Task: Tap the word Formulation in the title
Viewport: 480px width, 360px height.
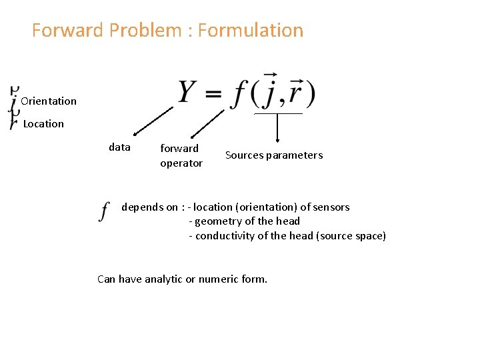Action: click(x=251, y=31)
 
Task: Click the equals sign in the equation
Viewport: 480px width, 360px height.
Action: click(x=213, y=95)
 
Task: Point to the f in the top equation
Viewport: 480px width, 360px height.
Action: click(x=239, y=94)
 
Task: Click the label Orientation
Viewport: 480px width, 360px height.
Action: click(x=49, y=101)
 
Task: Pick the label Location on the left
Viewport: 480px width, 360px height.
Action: click(x=43, y=124)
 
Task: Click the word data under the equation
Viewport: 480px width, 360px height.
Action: click(x=119, y=147)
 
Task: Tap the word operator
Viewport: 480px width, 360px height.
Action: click(x=181, y=163)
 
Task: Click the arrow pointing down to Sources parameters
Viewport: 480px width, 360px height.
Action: click(x=278, y=129)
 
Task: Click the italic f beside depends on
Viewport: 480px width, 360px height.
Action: click(x=104, y=211)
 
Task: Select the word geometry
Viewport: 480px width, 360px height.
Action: click(x=217, y=221)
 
